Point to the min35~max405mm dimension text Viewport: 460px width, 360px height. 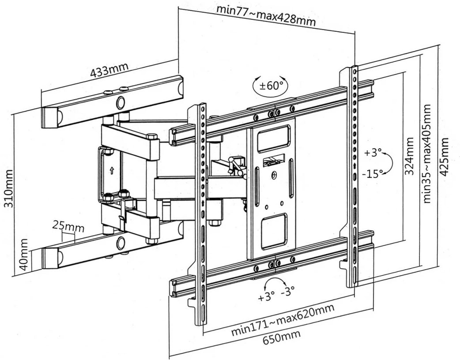pos(427,154)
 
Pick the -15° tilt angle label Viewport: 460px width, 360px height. pos(371,173)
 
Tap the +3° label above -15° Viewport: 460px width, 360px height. pos(373,153)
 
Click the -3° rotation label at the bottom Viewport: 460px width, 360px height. pos(289,291)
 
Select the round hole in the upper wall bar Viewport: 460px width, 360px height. pos(120,103)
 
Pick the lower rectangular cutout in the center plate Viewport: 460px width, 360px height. pos(273,230)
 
